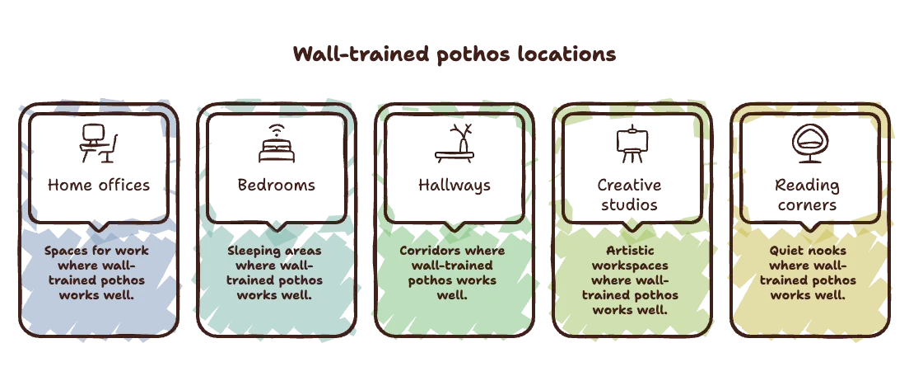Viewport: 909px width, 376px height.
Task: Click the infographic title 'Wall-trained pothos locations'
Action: (x=454, y=54)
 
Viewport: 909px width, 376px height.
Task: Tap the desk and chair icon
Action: (x=99, y=144)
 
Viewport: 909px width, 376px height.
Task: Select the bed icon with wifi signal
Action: (x=277, y=144)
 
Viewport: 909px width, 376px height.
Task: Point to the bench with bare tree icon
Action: (x=454, y=144)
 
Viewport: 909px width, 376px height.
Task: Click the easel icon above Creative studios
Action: (x=632, y=144)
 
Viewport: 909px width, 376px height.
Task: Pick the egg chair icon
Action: (x=810, y=144)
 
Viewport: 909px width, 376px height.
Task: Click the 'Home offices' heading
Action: (x=99, y=185)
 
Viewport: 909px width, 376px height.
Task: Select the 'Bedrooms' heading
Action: (x=277, y=185)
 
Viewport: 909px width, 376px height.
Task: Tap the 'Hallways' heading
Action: (x=454, y=185)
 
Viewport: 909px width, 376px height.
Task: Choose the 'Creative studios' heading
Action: (x=630, y=195)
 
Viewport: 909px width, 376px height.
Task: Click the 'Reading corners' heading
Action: (x=807, y=195)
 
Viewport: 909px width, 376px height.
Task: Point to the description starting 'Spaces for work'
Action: (x=97, y=273)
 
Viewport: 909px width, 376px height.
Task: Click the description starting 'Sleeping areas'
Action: (x=274, y=273)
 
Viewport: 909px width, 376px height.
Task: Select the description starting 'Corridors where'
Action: (x=452, y=273)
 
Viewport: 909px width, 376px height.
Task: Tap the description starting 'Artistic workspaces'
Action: (x=630, y=280)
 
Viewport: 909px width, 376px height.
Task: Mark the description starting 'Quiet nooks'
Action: (x=808, y=273)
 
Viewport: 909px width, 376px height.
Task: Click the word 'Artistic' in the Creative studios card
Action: (x=630, y=251)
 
